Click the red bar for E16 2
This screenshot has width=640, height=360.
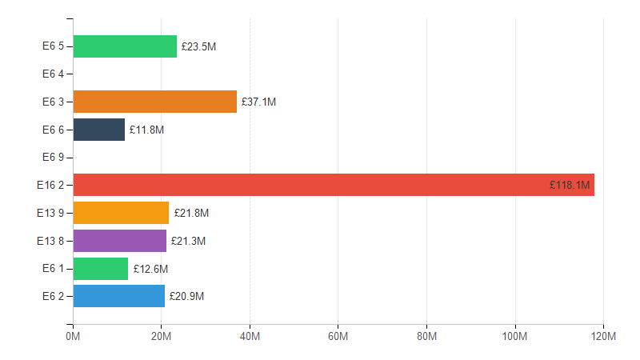[333, 185]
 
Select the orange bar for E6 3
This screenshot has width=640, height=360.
[154, 102]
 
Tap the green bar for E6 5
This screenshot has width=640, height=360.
[125, 46]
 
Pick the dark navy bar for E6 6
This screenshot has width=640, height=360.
[99, 130]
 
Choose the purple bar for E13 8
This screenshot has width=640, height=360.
[120, 241]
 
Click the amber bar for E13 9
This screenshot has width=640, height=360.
[121, 213]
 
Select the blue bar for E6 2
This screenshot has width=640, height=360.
[119, 296]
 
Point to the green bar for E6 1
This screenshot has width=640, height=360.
[101, 269]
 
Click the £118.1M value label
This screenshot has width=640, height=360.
[570, 186]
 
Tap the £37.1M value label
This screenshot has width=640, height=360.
[258, 102]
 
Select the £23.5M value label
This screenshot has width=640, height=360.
[198, 47]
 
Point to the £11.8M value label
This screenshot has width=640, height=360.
[146, 130]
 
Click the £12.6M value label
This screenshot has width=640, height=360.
[150, 269]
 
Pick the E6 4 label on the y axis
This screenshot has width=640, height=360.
[53, 74]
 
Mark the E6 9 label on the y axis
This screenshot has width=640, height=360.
[53, 158]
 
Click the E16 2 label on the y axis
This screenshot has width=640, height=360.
[50, 186]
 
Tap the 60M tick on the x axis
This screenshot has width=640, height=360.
[338, 337]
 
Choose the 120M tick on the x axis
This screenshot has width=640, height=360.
[602, 337]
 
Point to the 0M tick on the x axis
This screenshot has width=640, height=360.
[73, 337]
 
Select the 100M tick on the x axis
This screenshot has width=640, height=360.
[514, 337]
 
